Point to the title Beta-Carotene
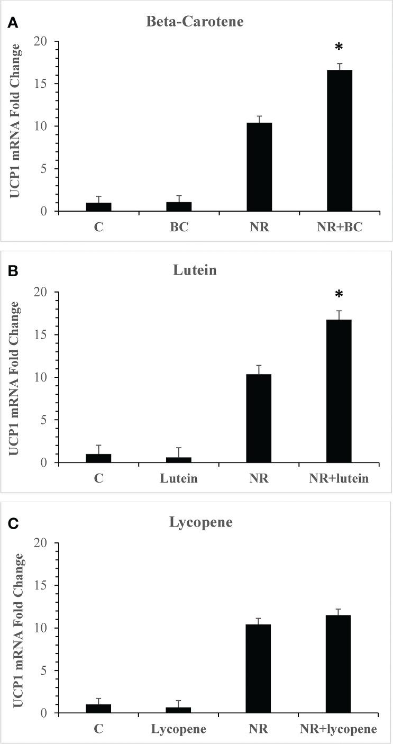click(x=198, y=22)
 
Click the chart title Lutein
click(x=198, y=270)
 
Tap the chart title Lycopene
click(x=198, y=522)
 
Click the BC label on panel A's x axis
click(x=178, y=228)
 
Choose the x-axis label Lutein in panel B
click(x=178, y=479)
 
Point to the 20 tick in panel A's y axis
click(x=41, y=41)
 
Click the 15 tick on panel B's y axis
click(x=41, y=335)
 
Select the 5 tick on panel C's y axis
click(x=45, y=671)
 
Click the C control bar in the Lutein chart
click(x=98, y=458)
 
